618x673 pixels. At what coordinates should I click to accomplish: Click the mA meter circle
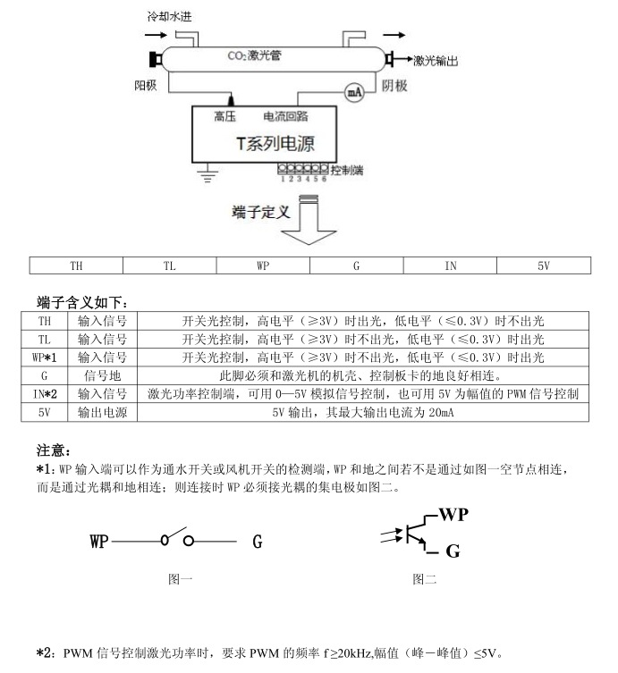(x=353, y=91)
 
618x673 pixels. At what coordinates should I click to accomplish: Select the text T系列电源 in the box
(x=274, y=144)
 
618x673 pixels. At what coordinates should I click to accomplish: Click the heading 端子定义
(x=261, y=212)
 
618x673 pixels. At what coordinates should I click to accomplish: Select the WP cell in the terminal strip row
(x=263, y=265)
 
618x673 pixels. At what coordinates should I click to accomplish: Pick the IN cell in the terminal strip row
(x=450, y=265)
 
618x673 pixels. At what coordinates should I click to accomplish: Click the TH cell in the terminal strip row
(x=76, y=265)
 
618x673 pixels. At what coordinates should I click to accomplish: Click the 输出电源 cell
(x=102, y=412)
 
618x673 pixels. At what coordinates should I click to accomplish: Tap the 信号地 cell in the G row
(x=102, y=375)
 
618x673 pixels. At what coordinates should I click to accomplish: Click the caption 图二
(x=424, y=579)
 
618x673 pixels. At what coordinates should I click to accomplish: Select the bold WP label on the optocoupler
(x=453, y=515)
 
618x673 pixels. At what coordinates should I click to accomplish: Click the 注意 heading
(x=53, y=450)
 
